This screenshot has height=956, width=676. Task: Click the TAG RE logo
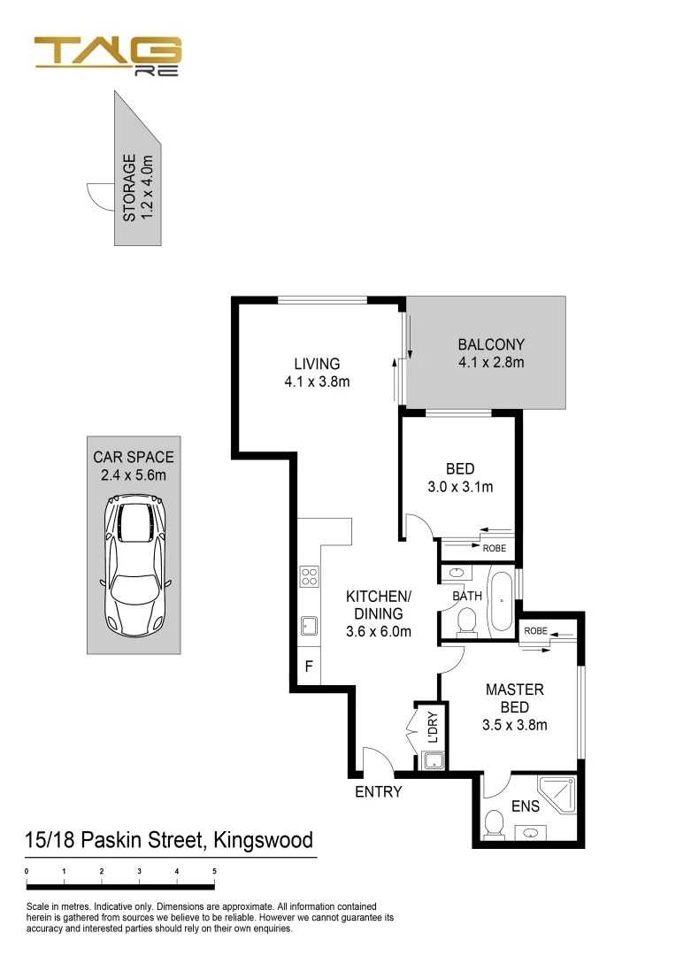(108, 57)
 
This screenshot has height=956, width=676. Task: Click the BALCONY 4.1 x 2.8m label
(491, 353)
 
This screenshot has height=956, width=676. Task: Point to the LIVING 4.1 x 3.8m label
(317, 373)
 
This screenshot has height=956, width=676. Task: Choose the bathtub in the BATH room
(501, 602)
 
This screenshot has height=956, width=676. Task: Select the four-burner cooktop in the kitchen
(310, 577)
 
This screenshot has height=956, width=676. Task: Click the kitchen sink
(310, 626)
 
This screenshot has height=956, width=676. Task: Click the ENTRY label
(378, 792)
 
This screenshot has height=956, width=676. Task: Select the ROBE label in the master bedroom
(536, 631)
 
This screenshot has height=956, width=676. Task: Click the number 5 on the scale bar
(215, 871)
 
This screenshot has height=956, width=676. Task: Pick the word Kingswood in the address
(263, 839)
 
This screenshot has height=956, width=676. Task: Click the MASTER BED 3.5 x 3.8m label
(514, 707)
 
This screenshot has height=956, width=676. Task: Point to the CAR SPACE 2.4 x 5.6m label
(134, 466)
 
